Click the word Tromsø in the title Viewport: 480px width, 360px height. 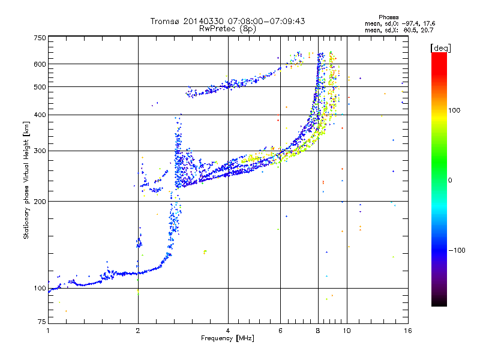click(x=166, y=21)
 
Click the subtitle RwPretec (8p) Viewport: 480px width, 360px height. click(x=227, y=29)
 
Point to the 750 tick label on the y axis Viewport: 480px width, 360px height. click(x=40, y=38)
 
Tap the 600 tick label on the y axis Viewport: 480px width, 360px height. click(x=40, y=64)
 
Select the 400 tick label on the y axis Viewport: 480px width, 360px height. click(x=40, y=115)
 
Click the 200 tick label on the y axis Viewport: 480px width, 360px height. click(x=40, y=202)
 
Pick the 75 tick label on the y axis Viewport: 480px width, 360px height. click(x=42, y=322)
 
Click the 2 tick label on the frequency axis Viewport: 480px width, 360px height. click(x=138, y=331)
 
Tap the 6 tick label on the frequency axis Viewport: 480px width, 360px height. click(x=280, y=331)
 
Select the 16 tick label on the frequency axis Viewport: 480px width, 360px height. click(x=408, y=331)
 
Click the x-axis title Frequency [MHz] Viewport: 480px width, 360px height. click(x=227, y=338)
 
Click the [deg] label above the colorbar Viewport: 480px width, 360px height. click(x=440, y=48)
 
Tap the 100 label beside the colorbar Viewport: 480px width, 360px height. click(x=454, y=110)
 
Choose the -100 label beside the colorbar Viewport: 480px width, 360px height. click(x=457, y=250)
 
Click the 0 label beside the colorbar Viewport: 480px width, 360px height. click(x=450, y=181)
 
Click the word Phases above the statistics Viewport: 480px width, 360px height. click(x=388, y=17)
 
